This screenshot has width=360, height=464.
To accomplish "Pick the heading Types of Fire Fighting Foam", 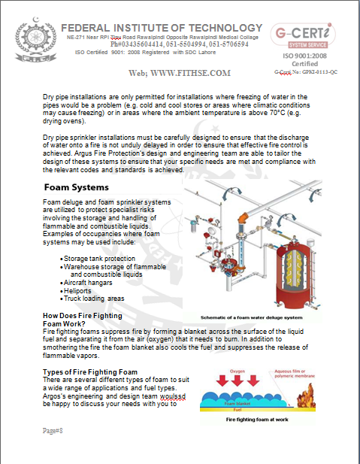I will [x=90, y=372].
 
